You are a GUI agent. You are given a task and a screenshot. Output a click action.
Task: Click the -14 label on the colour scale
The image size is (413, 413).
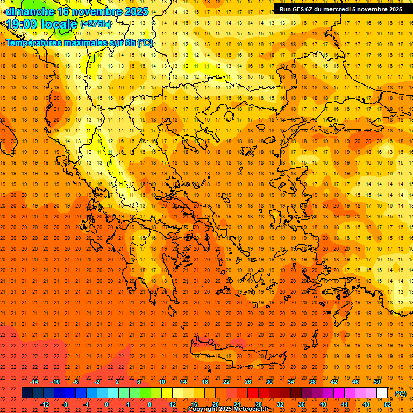tap(34, 382)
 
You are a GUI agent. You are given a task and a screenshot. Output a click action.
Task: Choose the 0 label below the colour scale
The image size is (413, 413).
tap(106, 404)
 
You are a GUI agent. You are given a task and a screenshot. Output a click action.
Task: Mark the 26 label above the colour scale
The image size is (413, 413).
tap(248, 382)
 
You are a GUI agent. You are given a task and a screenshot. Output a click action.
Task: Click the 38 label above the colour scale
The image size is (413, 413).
tap(312, 382)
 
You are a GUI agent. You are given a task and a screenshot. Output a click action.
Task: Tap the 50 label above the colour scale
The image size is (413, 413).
tap(377, 382)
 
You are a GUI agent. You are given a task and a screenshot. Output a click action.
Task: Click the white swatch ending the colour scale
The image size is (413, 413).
tap(382, 393)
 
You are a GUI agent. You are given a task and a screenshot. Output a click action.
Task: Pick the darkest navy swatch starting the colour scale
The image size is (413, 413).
tap(27, 393)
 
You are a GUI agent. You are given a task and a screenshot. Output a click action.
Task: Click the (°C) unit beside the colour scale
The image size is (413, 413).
tap(401, 394)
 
